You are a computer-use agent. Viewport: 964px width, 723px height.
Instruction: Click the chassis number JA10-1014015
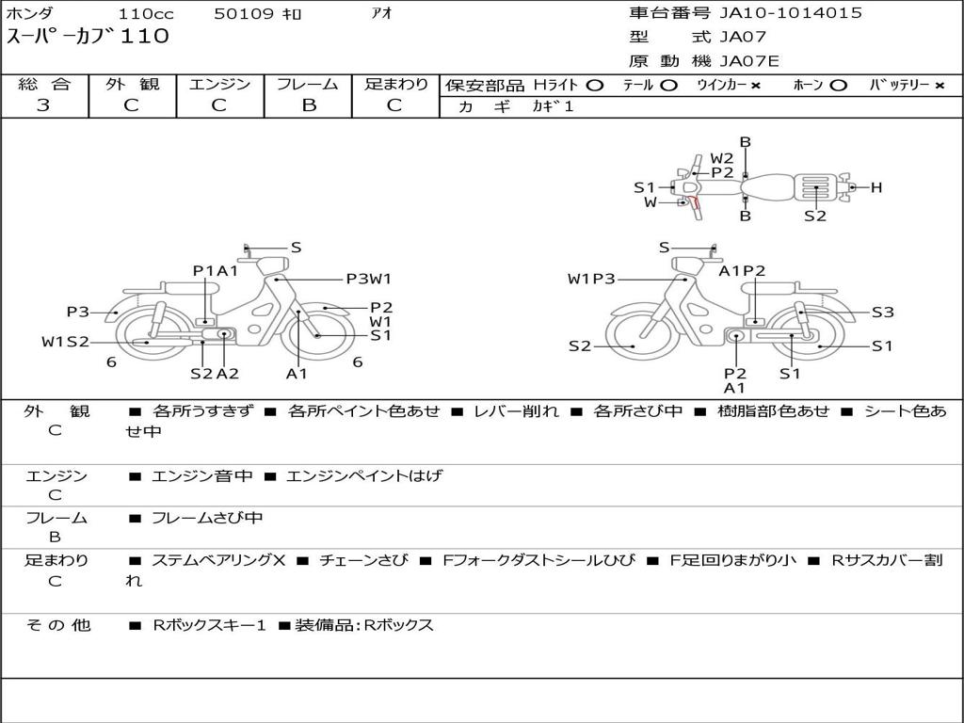pyautogui.click(x=791, y=13)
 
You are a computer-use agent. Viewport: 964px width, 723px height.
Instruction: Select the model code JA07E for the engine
pyautogui.click(x=748, y=61)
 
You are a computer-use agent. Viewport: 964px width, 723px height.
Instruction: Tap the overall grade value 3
pyautogui.click(x=43, y=104)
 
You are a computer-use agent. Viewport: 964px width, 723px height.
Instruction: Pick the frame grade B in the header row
pyautogui.click(x=309, y=105)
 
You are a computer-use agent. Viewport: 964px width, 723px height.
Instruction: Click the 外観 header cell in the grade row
pyautogui.click(x=132, y=84)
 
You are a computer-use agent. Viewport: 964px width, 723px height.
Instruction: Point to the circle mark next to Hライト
pyautogui.click(x=595, y=86)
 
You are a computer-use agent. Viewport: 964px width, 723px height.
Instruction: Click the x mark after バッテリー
pyautogui.click(x=940, y=86)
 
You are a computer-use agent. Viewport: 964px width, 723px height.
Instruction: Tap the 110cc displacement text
pyautogui.click(x=146, y=13)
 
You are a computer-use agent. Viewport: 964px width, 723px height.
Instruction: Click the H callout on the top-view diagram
pyautogui.click(x=876, y=187)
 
